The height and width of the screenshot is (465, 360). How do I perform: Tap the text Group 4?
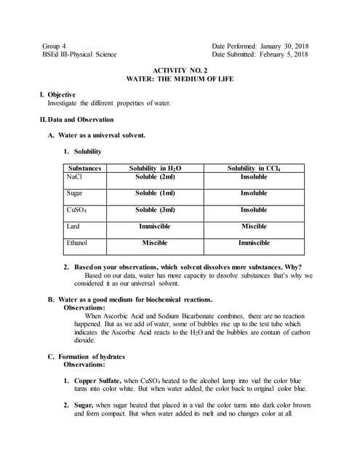coord(57,45)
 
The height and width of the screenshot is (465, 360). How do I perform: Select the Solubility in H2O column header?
coord(155,168)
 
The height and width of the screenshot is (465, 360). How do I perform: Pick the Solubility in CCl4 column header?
coord(254,168)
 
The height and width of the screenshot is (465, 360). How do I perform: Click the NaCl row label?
coord(74,177)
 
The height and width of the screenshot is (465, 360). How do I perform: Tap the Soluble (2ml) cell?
coord(155,177)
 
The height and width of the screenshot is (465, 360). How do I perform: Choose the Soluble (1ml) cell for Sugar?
coord(155,193)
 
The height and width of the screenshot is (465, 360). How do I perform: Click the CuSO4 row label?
coord(76,210)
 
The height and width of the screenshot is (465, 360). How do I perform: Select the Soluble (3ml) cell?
coord(155,210)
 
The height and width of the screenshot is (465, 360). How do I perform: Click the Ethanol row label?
coord(77,243)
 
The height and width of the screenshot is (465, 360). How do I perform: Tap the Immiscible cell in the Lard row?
coord(155,227)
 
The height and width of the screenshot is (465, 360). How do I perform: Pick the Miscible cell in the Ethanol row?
coord(155,243)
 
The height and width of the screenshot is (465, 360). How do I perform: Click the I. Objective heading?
coord(57,94)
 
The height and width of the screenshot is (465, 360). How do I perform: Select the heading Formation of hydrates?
coord(92,357)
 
